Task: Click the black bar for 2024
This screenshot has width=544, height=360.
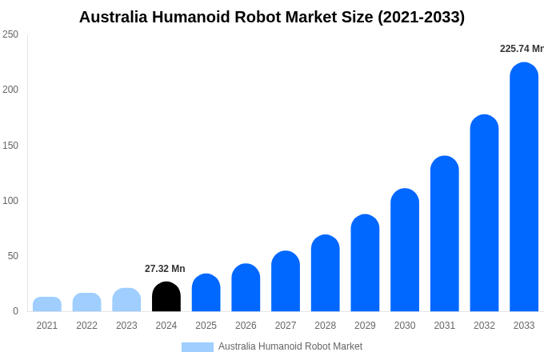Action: pos(166,297)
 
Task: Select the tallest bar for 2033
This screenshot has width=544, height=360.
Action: pos(524,187)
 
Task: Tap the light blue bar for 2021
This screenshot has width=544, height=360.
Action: pos(47,304)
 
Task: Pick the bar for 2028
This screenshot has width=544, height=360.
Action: pos(326,274)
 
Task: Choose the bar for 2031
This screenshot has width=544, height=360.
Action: pos(445,234)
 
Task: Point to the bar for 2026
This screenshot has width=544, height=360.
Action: pos(246,288)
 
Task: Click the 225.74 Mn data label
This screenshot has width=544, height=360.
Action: pos(522,49)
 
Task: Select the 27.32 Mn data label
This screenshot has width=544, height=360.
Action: pos(165,269)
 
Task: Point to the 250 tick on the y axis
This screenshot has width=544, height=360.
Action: pos(10,34)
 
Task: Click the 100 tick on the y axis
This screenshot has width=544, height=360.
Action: pos(10,201)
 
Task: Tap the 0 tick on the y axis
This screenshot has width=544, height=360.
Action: pos(15,311)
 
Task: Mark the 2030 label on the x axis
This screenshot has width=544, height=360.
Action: pos(405,326)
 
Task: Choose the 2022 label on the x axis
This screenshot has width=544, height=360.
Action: pos(87,326)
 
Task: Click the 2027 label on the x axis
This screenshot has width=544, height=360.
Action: pos(286,326)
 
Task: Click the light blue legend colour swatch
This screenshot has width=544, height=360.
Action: pos(198,347)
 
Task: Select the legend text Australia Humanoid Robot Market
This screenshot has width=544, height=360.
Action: pos(290,346)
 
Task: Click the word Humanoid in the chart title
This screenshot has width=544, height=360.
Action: pos(199,17)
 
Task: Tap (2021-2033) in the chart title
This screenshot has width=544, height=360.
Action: pos(421,17)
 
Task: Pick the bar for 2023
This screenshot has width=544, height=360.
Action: pos(126,300)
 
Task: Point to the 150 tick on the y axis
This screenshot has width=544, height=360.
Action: pos(10,146)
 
